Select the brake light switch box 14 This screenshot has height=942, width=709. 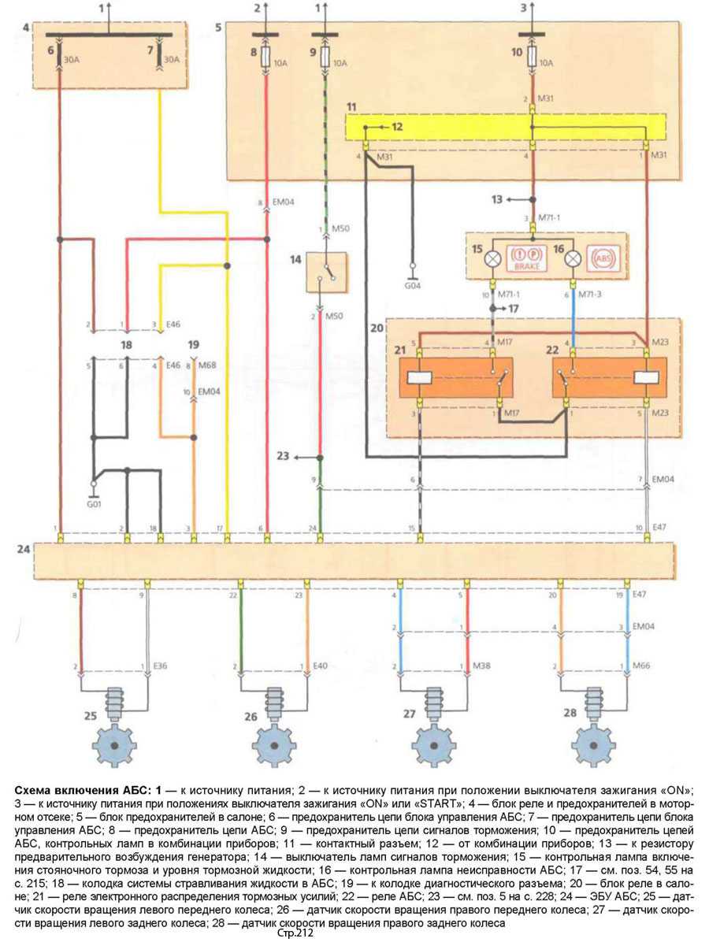(x=326, y=272)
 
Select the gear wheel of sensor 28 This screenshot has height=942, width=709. (x=593, y=744)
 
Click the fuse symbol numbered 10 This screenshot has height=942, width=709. (x=533, y=56)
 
